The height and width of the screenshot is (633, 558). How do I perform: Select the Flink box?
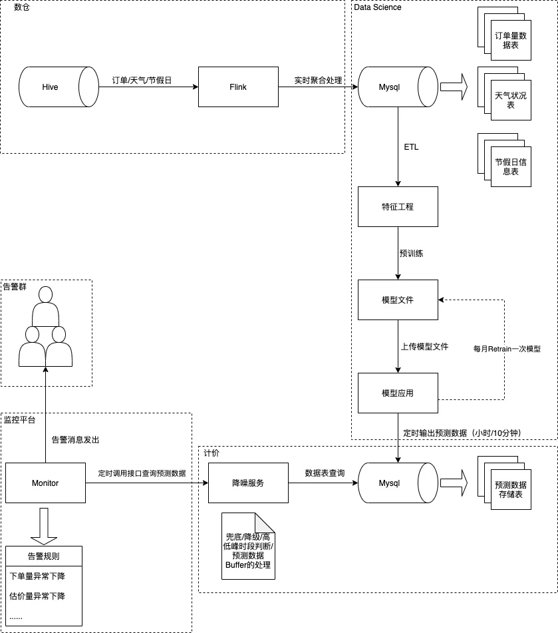click(238, 87)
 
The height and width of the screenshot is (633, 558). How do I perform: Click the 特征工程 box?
click(398, 206)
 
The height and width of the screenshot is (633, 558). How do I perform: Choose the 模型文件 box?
click(398, 300)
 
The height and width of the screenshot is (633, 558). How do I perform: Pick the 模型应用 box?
click(398, 393)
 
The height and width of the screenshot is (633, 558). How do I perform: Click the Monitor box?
click(45, 483)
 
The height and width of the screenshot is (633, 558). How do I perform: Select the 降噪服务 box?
click(247, 483)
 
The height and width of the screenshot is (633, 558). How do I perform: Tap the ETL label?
click(411, 146)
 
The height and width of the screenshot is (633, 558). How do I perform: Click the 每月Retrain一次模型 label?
click(507, 348)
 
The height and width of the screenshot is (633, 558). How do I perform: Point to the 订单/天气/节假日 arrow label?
click(142, 80)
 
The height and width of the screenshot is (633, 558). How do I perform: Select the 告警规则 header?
click(44, 556)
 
